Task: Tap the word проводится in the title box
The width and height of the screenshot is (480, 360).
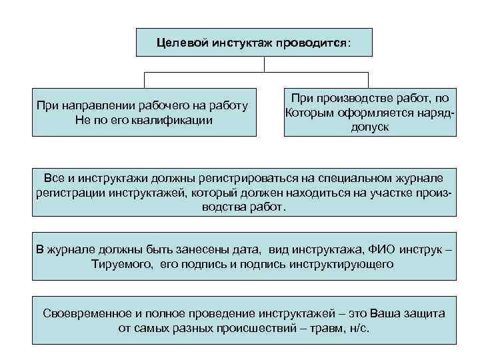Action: pos(314,43)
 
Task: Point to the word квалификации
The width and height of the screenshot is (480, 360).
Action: pos(175,121)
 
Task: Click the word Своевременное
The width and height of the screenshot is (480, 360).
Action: pos(86,313)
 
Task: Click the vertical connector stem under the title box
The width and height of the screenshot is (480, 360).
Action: pos(265,64)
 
